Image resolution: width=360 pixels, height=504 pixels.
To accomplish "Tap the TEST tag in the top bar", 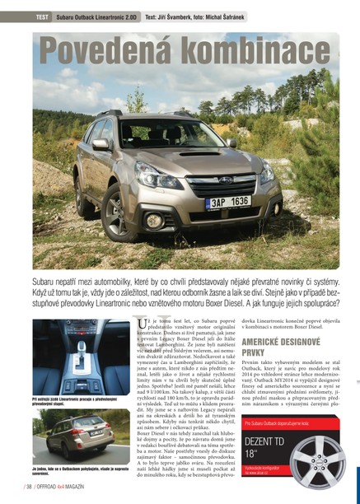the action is (x=42, y=16).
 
